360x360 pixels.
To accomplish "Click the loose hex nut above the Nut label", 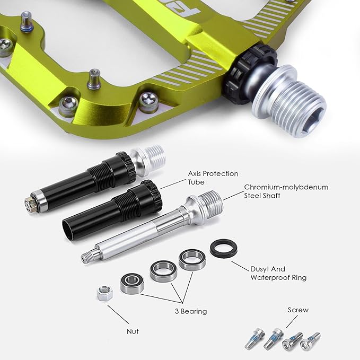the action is click(x=104, y=293).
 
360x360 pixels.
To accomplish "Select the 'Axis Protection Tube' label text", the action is click(x=213, y=178).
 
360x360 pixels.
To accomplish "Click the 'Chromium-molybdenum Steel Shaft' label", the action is click(x=286, y=191).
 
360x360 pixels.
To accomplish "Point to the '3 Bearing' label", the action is click(x=191, y=311).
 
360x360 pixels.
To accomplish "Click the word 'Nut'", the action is click(x=133, y=331).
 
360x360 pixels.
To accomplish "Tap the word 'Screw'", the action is click(x=298, y=310).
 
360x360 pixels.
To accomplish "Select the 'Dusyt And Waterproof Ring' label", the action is click(x=278, y=273).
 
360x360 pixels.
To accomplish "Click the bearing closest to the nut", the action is click(x=132, y=284).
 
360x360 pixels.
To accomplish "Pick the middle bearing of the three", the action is click(x=163, y=271).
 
